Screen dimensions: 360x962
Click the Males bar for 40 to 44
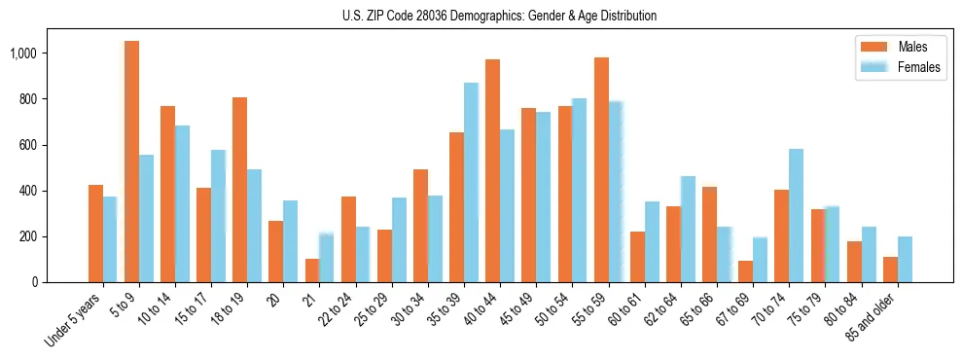[x=492, y=171]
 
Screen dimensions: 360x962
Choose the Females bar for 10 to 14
[x=182, y=204]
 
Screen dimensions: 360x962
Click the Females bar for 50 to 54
[x=579, y=191]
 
